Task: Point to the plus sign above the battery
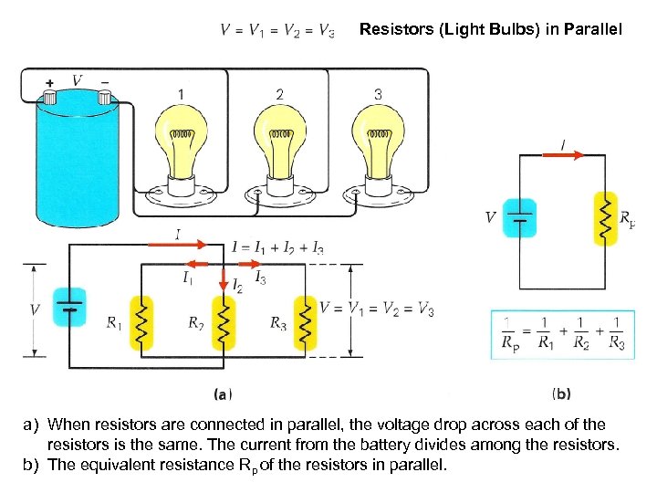[x=49, y=82]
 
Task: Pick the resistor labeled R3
[x=304, y=322]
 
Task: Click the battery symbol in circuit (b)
[x=520, y=218]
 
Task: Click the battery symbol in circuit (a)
[x=70, y=306]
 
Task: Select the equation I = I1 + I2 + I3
[x=277, y=247]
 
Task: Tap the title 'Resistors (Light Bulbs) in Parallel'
[x=490, y=30]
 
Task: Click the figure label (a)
[x=223, y=394]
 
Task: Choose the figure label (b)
[x=562, y=394]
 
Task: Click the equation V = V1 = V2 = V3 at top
[x=277, y=32]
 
